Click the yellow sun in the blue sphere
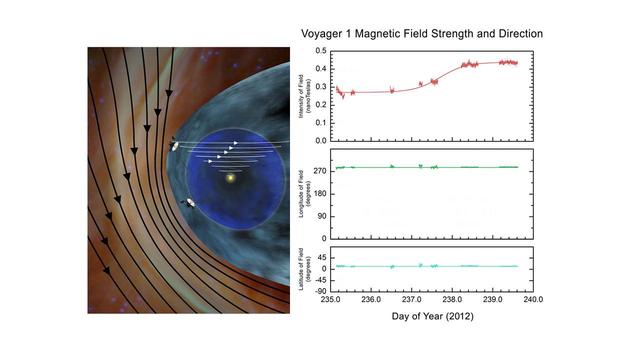point(231,178)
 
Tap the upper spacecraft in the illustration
point(176,145)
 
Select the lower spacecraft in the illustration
point(189,204)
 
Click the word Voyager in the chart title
point(330,33)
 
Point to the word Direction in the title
point(517,33)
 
